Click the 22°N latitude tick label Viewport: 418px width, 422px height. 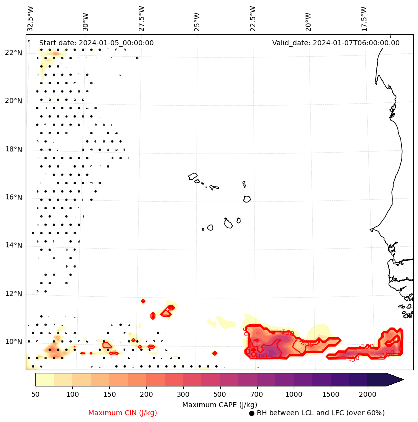[13, 53]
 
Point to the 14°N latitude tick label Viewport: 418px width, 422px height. [13, 245]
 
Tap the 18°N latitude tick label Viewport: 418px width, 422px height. [13, 149]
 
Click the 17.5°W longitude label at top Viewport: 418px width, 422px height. [363, 18]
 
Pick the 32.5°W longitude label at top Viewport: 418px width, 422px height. [31, 18]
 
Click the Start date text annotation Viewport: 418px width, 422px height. [96, 43]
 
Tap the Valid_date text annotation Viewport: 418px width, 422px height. [336, 43]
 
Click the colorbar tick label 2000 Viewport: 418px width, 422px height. [368, 395]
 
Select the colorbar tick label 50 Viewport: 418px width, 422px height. [35, 395]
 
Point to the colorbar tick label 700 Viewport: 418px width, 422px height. [257, 395]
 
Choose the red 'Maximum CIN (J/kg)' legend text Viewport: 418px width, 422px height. [122, 413]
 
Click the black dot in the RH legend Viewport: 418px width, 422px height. [252, 413]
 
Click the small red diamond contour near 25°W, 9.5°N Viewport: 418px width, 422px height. [215, 353]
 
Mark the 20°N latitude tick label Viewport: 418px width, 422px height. [13, 101]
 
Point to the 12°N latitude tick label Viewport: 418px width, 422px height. [13, 294]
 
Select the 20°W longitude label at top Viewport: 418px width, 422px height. [308, 19]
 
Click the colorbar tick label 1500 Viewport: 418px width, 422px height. [331, 395]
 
